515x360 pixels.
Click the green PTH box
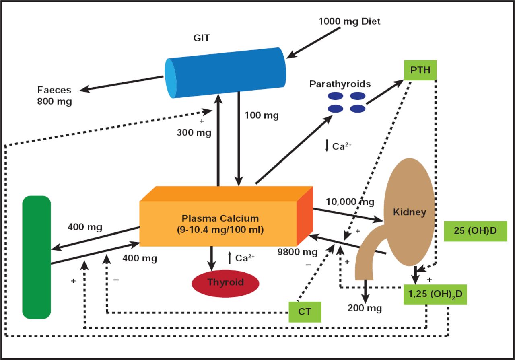point(420,70)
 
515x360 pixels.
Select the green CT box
point(305,312)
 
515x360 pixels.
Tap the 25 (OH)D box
point(475,231)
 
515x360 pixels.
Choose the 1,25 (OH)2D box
point(435,294)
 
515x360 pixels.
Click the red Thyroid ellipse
point(225,282)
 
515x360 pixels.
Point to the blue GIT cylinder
point(227,72)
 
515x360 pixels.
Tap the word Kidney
point(409,212)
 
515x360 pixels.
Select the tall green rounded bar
point(37,257)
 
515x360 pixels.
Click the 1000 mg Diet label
point(349,21)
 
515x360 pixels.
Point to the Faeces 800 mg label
point(55,96)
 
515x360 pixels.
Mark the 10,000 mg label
point(350,202)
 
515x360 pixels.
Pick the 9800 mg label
point(298,252)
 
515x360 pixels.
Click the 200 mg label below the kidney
point(365,309)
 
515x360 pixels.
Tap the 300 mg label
point(194,132)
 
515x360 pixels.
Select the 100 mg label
point(262,115)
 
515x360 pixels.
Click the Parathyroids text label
point(340,84)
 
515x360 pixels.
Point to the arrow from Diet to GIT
point(313,42)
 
